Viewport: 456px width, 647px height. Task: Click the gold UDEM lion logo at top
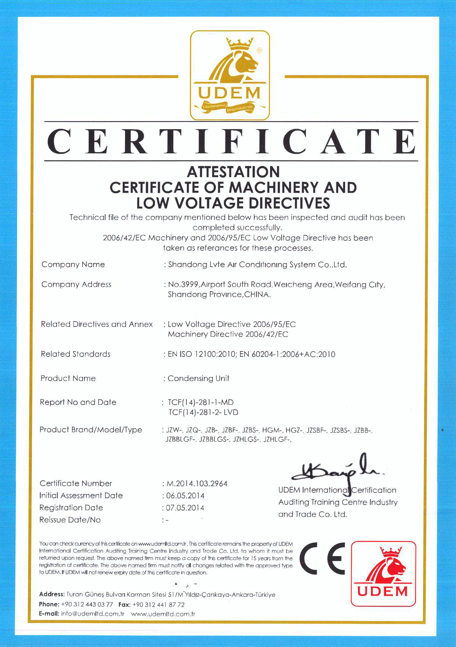tap(230, 75)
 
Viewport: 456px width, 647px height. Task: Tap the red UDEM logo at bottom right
tap(383, 573)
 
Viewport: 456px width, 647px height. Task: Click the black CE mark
tap(323, 558)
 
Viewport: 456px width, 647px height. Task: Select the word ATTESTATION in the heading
tap(233, 172)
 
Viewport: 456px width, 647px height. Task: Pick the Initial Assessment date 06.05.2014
tap(185, 496)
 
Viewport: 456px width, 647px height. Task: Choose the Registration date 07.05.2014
tap(185, 508)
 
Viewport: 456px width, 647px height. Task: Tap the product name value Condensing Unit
tap(199, 378)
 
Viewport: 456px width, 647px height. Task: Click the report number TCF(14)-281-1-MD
tap(201, 402)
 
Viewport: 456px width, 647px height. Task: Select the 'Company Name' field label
tap(73, 264)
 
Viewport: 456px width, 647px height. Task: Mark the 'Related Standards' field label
tap(76, 354)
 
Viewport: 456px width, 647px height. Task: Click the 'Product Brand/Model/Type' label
tap(91, 430)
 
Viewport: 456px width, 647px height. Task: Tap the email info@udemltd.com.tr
tap(92, 614)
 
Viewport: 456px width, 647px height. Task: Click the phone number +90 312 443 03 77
tap(87, 604)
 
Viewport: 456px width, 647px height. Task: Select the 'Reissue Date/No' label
tap(70, 520)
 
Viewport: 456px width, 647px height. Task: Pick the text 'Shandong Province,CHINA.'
tap(219, 295)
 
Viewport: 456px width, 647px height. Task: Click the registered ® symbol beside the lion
tap(259, 50)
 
